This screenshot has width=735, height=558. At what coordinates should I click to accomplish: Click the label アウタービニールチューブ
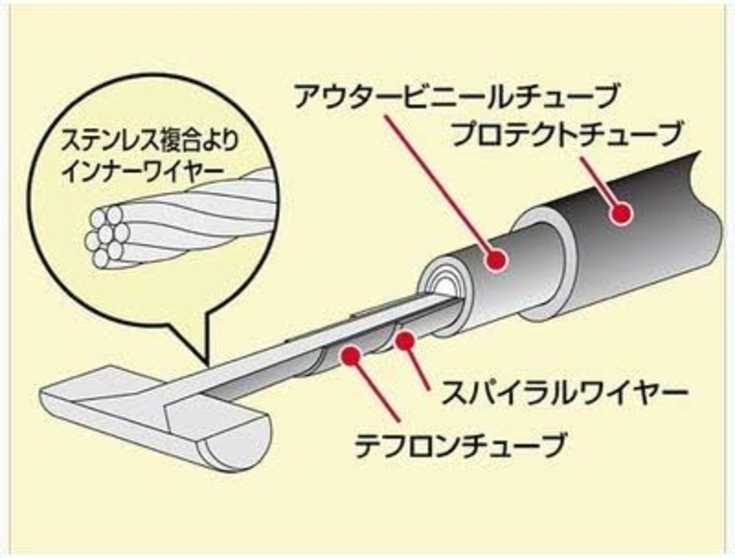[x=456, y=95]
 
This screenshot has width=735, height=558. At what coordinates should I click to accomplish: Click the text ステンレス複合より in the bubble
[x=149, y=143]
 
